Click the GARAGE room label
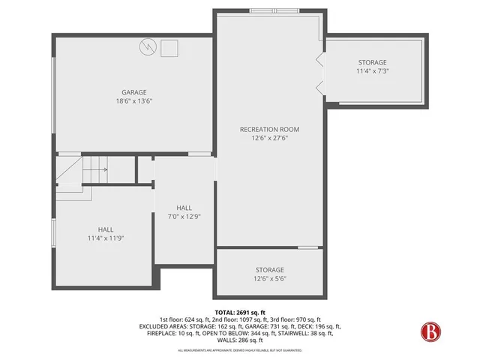coord(135,92)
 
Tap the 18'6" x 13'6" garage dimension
coord(135,100)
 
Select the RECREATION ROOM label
coord(269,129)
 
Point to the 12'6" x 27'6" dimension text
coord(269,138)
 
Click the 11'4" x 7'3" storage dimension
coord(372,71)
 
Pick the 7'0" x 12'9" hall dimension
coord(184,216)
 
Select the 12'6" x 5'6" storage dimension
coord(269,278)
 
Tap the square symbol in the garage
coord(169,48)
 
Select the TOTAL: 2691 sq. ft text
coord(240,312)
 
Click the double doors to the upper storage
coord(321,73)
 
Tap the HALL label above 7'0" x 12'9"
coord(184,208)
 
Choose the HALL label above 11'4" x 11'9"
coord(106,229)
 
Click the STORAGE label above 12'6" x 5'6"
coord(269,270)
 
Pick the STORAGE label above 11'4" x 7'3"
coord(372,62)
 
